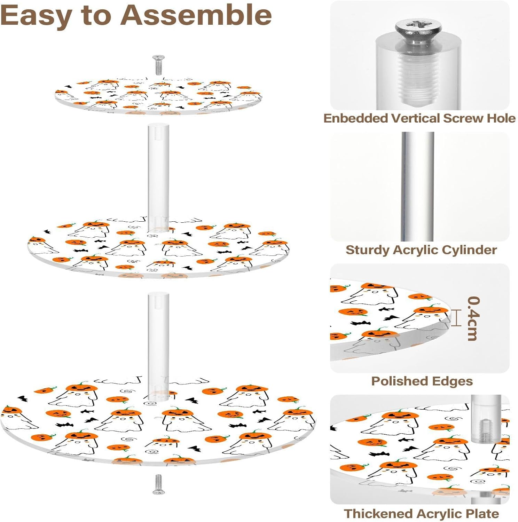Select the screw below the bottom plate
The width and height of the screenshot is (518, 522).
pos(158,484)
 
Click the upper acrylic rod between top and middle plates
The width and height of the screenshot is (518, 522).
pos(158,174)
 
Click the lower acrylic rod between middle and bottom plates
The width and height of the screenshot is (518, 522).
pos(158,345)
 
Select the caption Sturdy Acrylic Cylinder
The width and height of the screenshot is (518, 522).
pos(421,250)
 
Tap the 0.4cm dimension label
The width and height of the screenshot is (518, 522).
pos(473,318)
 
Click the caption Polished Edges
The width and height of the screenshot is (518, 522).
pos(422,381)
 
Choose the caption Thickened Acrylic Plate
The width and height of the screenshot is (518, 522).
pos(421,514)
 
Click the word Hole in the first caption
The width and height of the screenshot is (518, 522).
pos(501,119)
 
